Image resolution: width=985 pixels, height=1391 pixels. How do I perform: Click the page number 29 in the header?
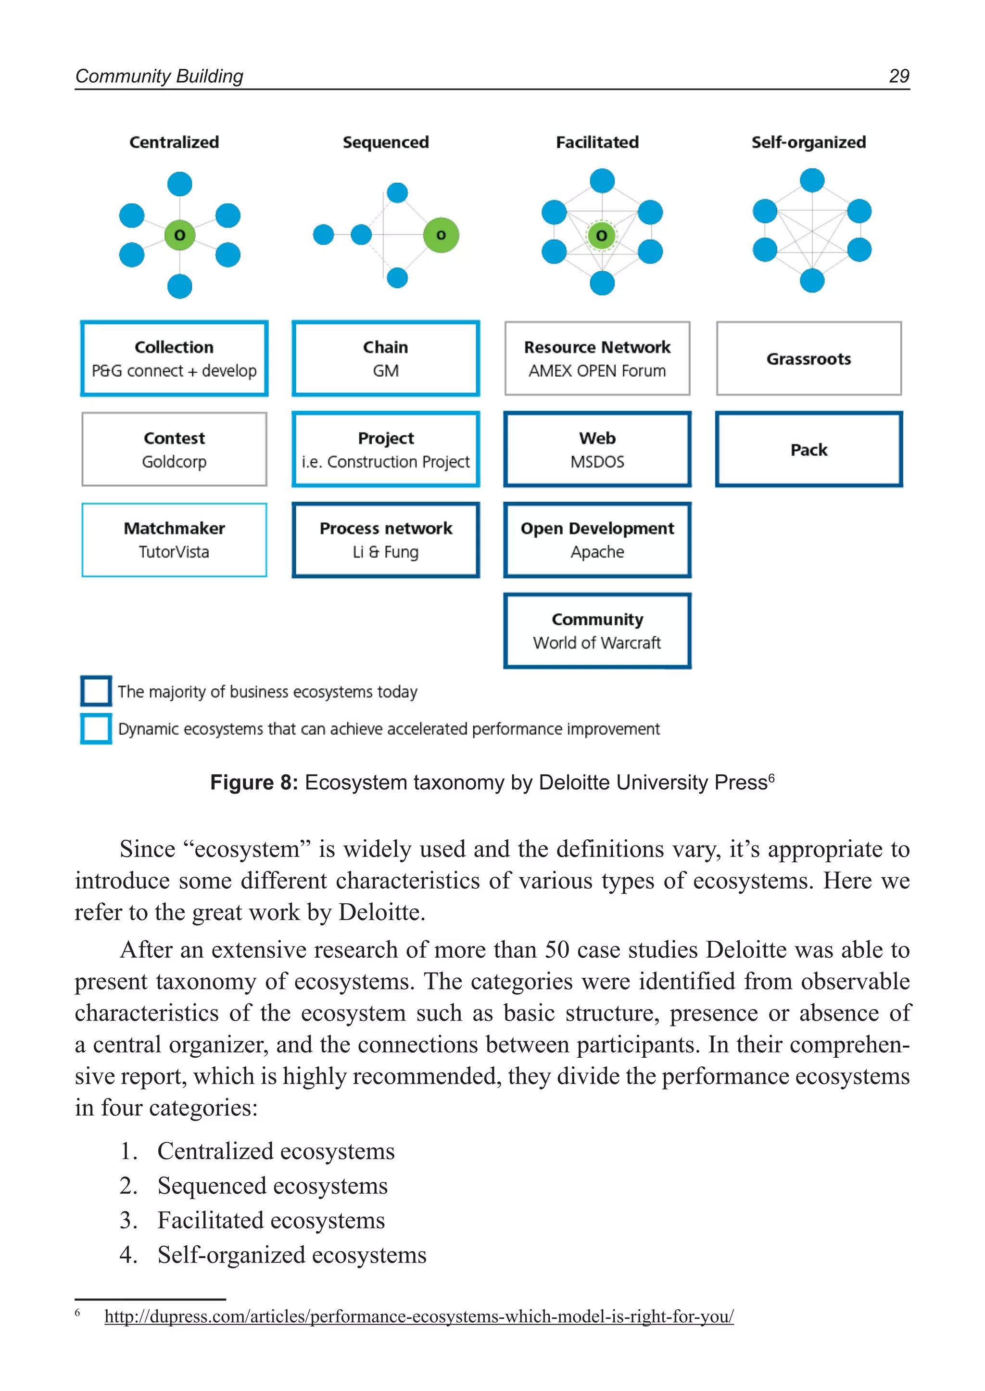point(898,76)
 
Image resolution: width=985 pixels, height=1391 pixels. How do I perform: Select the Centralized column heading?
point(174,142)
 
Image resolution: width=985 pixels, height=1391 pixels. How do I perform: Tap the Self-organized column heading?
point(808,142)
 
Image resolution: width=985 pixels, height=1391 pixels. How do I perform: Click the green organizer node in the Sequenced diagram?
point(441,235)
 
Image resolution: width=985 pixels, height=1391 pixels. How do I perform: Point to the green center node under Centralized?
point(179,235)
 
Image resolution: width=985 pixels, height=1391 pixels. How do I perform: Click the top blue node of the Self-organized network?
point(812,180)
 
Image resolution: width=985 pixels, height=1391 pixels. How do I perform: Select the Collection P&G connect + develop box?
point(174,358)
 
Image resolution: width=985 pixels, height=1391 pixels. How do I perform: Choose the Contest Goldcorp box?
point(174,450)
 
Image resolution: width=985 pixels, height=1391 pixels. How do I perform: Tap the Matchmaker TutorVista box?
point(174,540)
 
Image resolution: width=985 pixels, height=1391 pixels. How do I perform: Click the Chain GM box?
point(386,358)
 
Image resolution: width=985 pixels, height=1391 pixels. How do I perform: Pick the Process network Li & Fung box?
point(386,540)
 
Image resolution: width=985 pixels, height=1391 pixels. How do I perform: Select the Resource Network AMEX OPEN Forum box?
point(597,358)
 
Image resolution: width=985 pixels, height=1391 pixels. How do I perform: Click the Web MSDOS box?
point(597,450)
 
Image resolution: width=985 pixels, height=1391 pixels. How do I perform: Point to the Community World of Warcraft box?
point(597,631)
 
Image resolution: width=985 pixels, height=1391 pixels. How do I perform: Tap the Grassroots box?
point(808,358)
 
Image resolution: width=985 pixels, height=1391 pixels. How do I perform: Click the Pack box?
point(808,450)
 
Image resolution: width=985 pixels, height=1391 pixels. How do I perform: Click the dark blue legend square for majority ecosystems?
point(96,691)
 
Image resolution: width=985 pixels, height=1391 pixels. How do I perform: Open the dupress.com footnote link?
point(419,1316)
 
